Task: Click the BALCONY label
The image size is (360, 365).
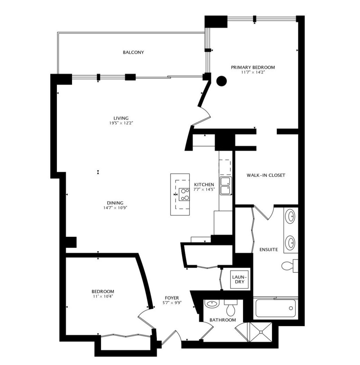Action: coord(133,52)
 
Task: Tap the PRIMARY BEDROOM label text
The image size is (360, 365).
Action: coord(253,67)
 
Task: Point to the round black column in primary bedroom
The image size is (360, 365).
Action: coord(221,81)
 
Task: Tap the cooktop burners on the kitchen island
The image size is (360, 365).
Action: coord(184,194)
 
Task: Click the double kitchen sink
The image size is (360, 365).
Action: coord(226,186)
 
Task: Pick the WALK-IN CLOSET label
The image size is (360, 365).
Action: coord(266,175)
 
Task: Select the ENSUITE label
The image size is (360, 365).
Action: coord(269,249)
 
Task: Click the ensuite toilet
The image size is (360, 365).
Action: coord(289,265)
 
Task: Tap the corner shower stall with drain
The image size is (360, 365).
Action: coord(261,332)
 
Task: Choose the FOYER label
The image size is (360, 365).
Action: coord(171,298)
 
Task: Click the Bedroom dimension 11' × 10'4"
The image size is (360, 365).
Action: coord(103,296)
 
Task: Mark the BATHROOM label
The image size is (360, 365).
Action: coord(223,320)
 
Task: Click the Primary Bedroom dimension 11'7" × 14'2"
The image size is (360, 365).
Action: coord(253,72)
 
